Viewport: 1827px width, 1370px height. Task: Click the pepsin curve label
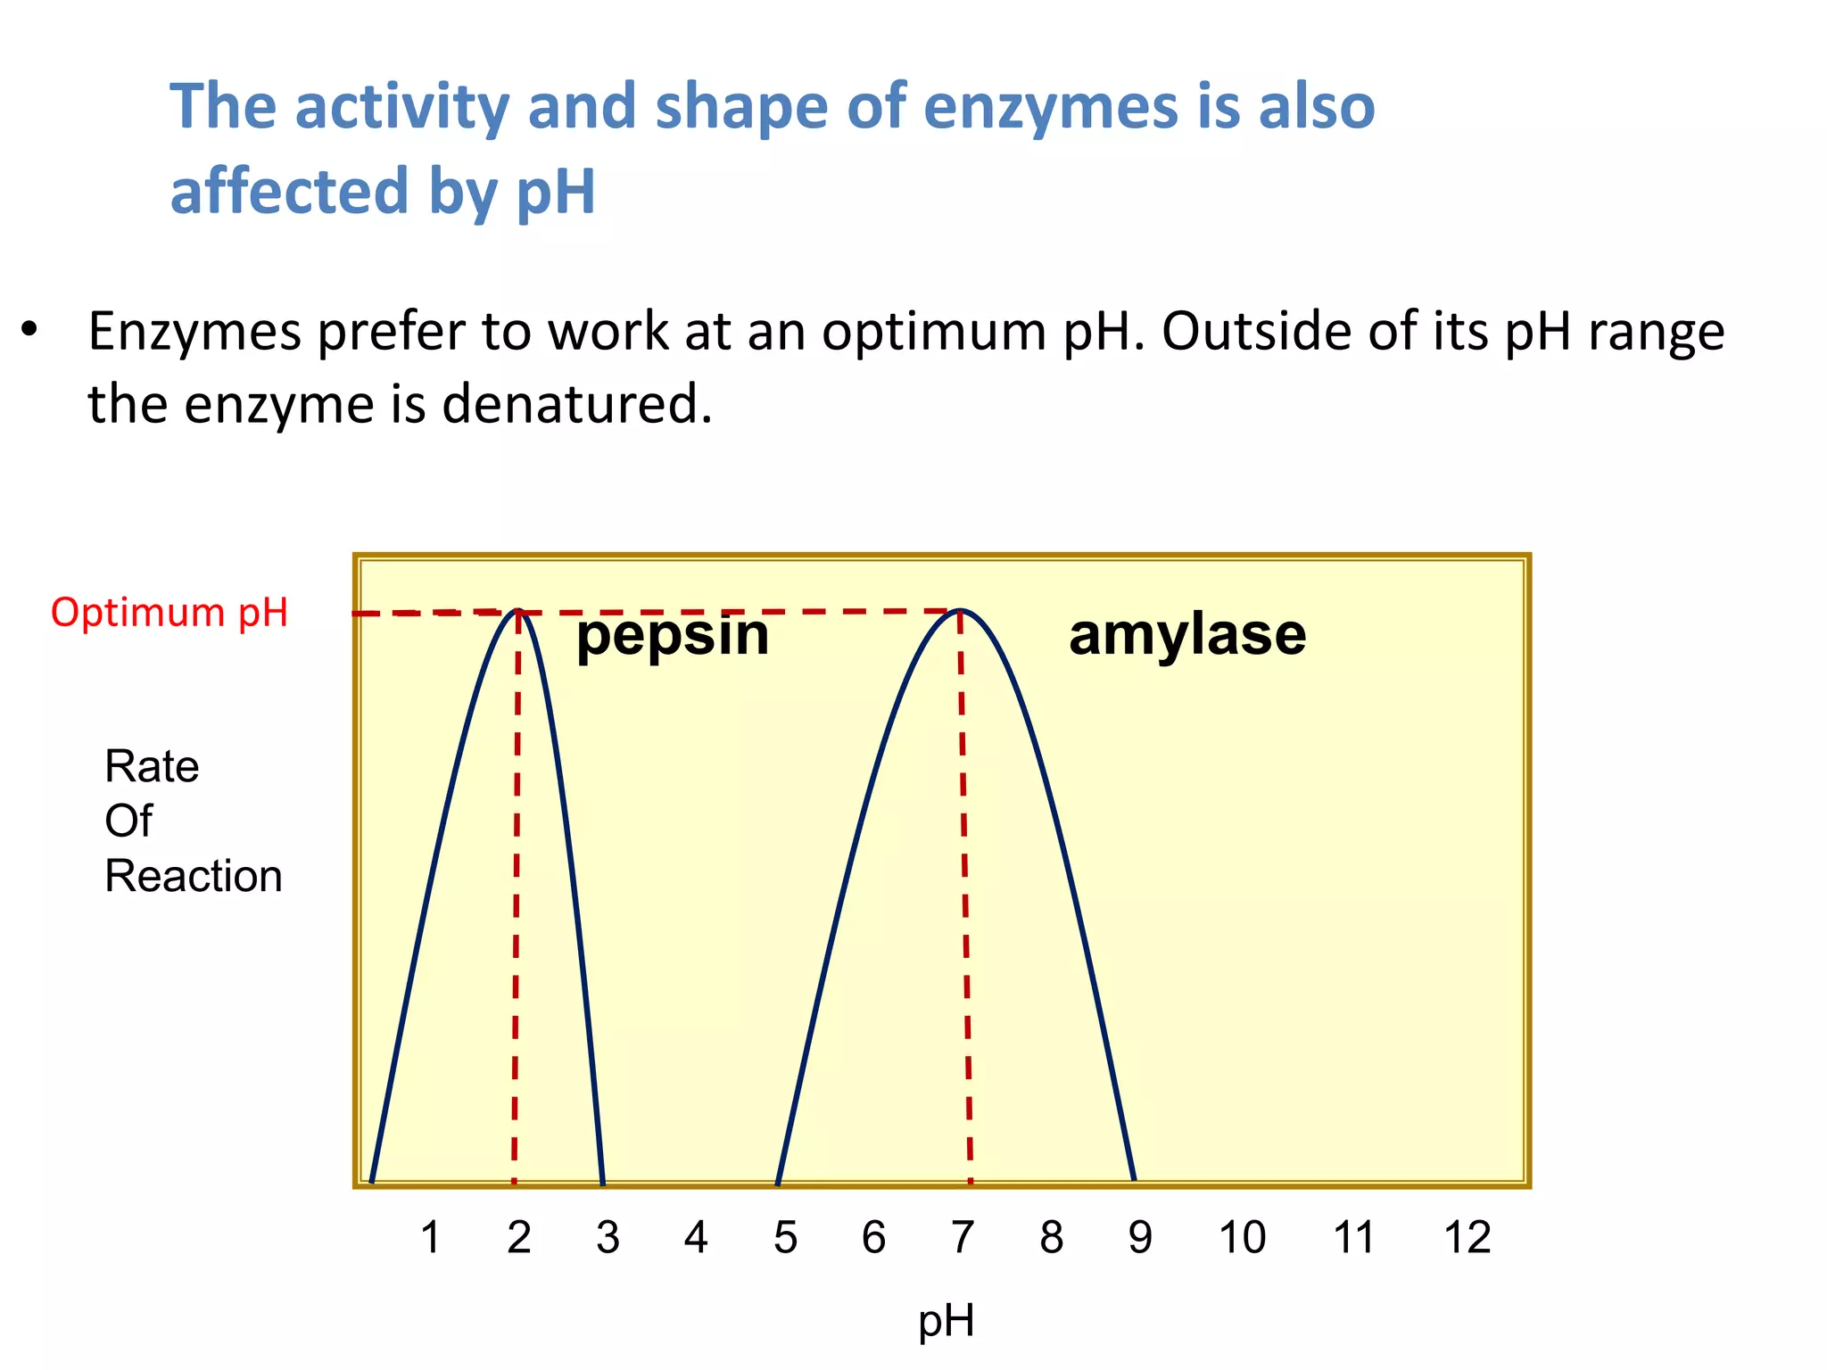673,637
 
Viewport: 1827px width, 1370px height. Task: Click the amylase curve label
1187,635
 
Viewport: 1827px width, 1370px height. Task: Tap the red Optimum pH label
169,614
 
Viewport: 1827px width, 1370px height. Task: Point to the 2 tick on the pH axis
519,1238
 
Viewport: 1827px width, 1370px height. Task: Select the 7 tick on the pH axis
962,1238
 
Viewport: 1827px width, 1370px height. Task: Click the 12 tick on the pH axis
1467,1238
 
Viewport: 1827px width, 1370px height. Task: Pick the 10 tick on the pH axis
1242,1238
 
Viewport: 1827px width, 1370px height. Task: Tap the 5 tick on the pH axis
785,1238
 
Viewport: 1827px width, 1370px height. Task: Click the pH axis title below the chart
946,1321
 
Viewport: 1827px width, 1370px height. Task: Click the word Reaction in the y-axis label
194,876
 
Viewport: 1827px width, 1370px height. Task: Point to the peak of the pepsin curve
518,612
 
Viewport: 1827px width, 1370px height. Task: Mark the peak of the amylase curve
961,611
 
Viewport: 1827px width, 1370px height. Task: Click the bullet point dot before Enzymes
30,331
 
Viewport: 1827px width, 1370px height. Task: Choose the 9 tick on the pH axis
1140,1238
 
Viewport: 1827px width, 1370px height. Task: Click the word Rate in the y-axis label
152,766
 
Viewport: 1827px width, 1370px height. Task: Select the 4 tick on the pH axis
696,1238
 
